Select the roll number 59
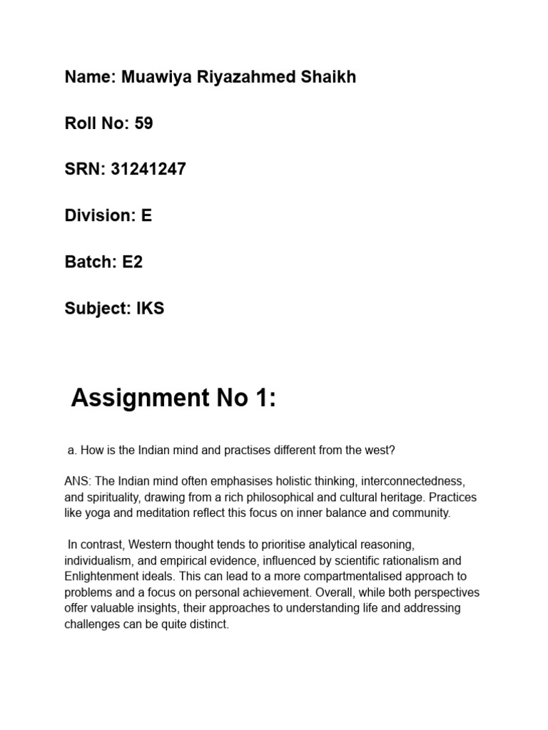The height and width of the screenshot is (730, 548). [143, 123]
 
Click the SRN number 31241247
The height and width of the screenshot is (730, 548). [148, 170]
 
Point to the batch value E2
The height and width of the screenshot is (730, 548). [132, 262]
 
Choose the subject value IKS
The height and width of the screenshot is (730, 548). [151, 309]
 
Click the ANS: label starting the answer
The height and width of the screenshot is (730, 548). [77, 482]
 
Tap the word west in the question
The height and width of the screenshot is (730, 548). [379, 451]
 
